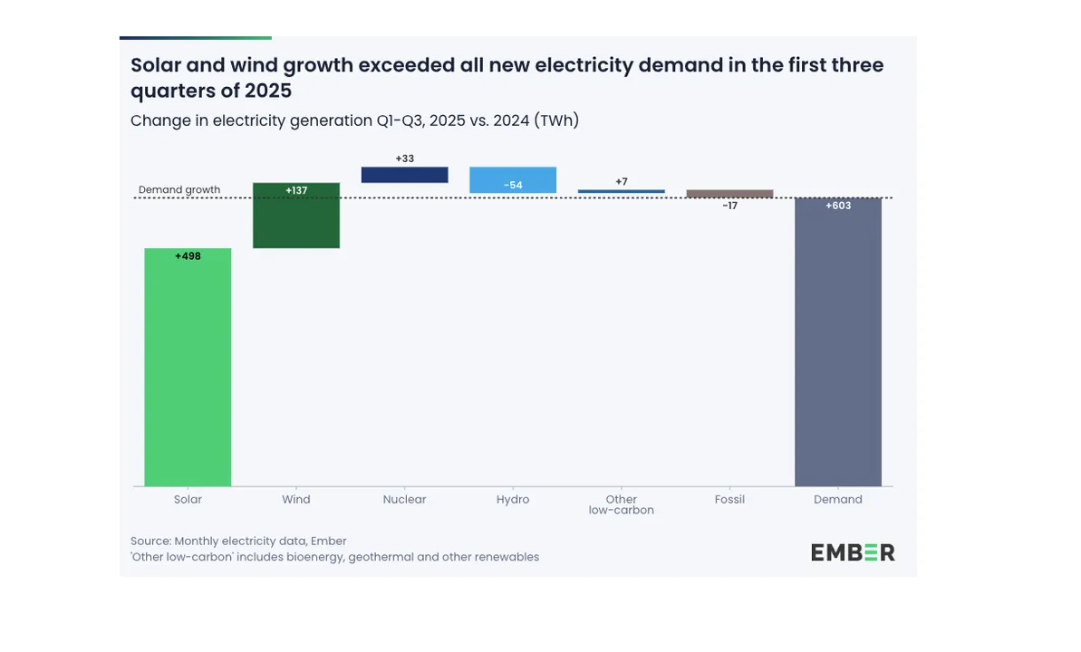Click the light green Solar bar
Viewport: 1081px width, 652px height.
(x=188, y=371)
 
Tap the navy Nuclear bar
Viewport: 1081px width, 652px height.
(x=404, y=175)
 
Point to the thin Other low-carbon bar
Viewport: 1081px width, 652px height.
(x=622, y=191)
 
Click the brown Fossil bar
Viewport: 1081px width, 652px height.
(x=729, y=194)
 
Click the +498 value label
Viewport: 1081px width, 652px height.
(x=188, y=256)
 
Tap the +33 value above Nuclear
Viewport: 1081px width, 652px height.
(x=404, y=158)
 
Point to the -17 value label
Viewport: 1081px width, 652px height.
(x=729, y=206)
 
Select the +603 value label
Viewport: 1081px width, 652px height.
(x=838, y=206)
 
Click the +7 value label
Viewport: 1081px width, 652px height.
(x=622, y=182)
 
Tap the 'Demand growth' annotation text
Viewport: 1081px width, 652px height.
(x=179, y=190)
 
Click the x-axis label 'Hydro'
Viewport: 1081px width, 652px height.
(x=513, y=499)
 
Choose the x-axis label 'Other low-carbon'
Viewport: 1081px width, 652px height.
(x=622, y=504)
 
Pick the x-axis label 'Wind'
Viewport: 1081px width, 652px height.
(x=296, y=499)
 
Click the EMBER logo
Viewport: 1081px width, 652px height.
(x=853, y=552)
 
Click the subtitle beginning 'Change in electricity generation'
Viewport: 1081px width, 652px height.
(x=354, y=120)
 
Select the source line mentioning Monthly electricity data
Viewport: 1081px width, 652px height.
(x=238, y=541)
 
